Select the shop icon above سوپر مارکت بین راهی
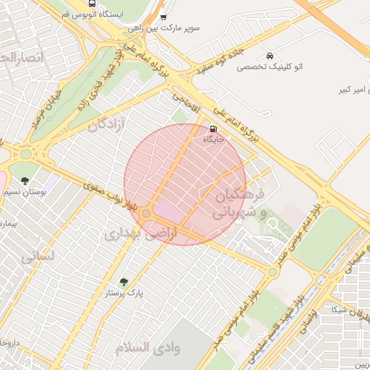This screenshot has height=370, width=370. (x=163, y=17)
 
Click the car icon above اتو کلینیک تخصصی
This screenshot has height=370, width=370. (x=270, y=56)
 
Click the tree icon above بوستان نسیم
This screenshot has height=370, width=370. (x=25, y=180)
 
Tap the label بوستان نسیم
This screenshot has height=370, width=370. (x=26, y=192)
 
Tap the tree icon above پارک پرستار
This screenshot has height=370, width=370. (x=123, y=282)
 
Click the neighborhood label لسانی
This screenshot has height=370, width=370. (x=35, y=256)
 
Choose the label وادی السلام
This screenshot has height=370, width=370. (x=147, y=348)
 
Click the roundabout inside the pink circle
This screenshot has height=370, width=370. (x=147, y=214)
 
